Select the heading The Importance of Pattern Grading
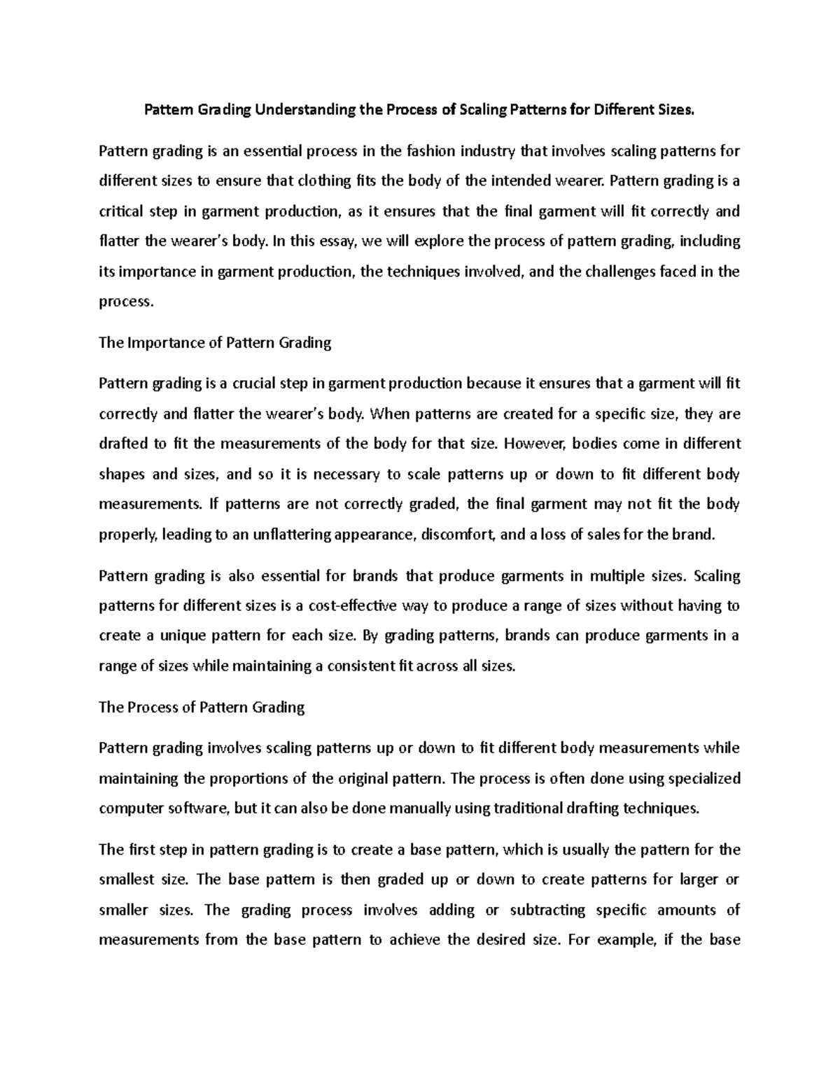pyautogui.click(x=215, y=342)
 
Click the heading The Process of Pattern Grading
pyautogui.click(x=202, y=707)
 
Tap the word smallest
pyautogui.click(x=127, y=880)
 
